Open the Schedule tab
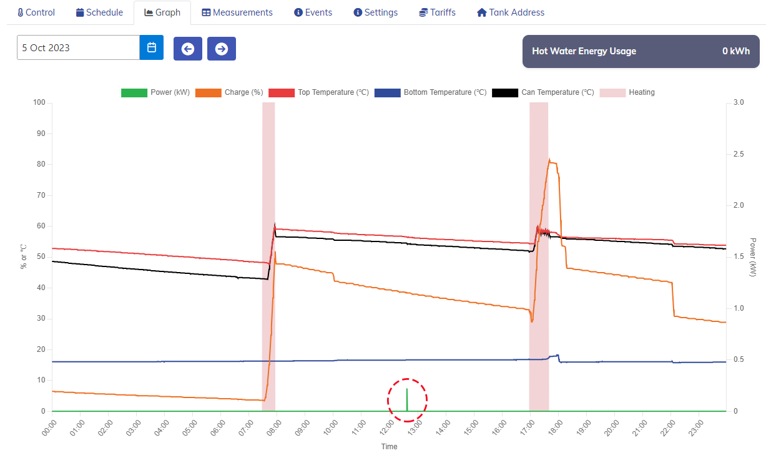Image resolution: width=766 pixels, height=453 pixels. (99, 12)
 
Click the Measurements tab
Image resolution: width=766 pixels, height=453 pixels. (237, 12)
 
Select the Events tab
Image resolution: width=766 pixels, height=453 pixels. (313, 12)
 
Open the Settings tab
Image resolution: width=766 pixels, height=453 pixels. (375, 12)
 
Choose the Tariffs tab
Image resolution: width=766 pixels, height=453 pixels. (437, 12)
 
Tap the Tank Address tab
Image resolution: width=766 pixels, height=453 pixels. (510, 12)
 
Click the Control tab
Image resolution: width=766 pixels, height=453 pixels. (36, 12)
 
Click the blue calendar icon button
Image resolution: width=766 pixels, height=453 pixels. (152, 47)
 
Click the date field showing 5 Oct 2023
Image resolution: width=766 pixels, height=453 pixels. (78, 47)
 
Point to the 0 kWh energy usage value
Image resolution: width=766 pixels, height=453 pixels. (736, 51)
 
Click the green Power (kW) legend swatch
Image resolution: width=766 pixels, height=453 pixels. (134, 92)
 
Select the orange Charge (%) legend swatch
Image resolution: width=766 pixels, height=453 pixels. (209, 92)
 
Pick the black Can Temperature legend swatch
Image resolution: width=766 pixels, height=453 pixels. (505, 92)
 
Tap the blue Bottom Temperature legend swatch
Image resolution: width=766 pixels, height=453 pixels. (388, 92)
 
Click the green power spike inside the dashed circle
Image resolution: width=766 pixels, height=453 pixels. (407, 400)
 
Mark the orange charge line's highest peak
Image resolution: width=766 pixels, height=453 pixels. (549, 159)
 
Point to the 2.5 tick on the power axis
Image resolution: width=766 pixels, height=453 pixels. (739, 154)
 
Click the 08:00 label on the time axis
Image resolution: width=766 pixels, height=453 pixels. (274, 428)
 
